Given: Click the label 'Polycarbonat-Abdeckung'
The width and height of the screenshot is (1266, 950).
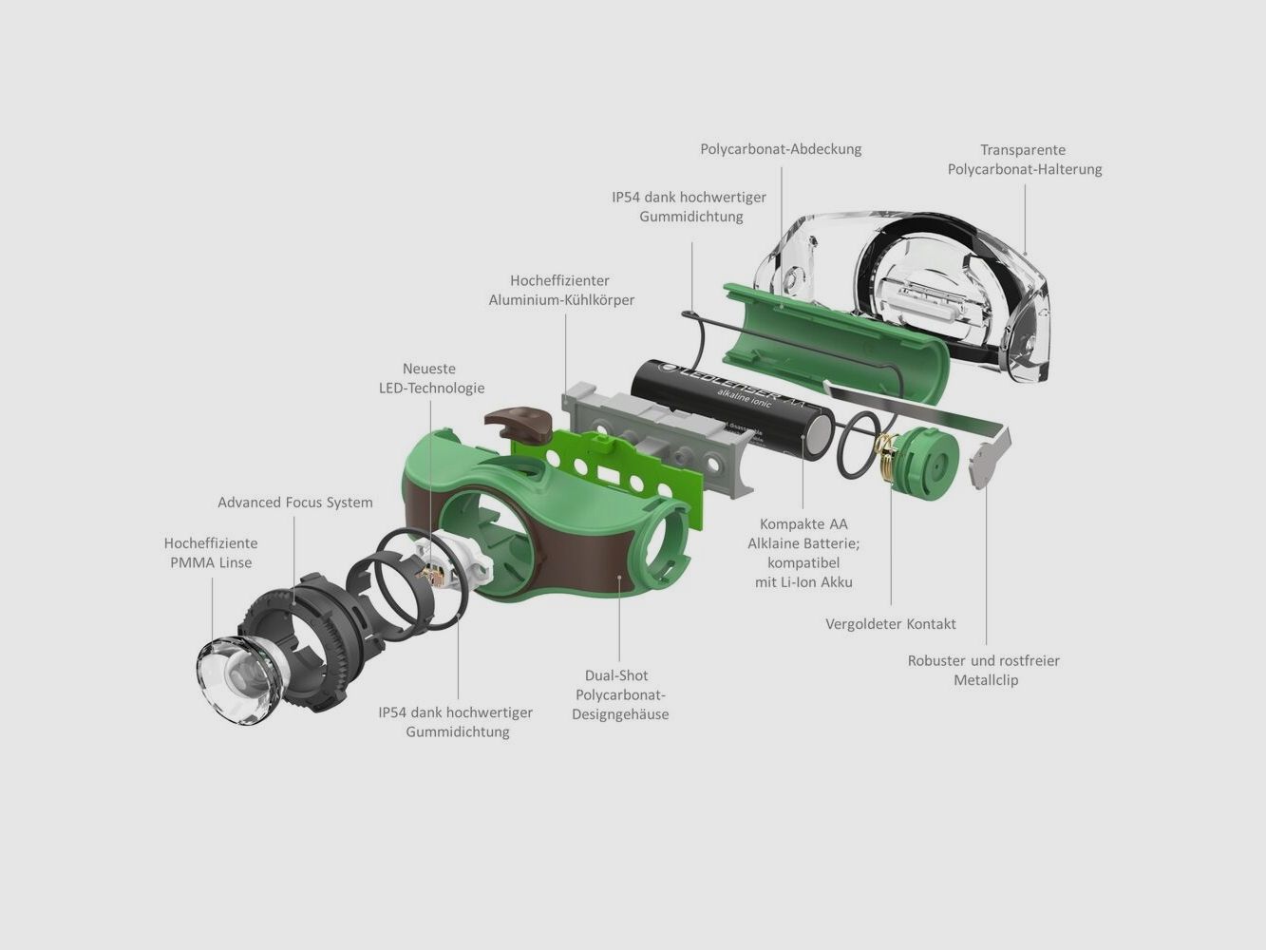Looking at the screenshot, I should click(x=781, y=149).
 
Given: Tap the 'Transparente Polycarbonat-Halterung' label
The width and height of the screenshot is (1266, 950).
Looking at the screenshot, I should click(x=1024, y=160).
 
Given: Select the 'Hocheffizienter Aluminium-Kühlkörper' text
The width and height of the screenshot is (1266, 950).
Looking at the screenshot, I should click(x=561, y=290).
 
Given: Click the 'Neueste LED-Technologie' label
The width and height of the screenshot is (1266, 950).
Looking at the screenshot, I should click(x=431, y=378).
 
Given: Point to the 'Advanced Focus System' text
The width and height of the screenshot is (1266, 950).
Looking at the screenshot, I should click(x=295, y=503).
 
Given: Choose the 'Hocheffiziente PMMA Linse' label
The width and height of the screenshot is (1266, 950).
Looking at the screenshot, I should click(x=211, y=553).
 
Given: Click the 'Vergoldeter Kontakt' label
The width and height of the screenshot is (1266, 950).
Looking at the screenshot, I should click(x=890, y=624).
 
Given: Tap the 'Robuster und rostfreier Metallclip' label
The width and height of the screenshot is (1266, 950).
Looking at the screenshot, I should click(x=984, y=670).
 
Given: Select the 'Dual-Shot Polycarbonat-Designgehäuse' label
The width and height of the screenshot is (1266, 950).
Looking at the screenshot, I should click(x=619, y=694).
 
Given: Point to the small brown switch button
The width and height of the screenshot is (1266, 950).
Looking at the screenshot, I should click(x=519, y=421).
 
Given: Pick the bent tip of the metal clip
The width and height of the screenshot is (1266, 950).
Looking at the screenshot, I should click(x=988, y=461).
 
